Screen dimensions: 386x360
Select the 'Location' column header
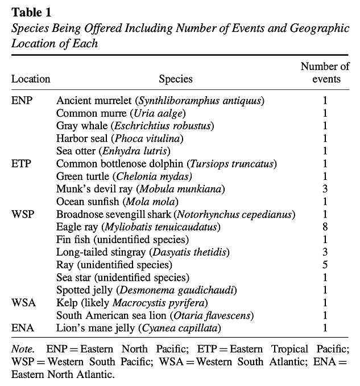click(x=31, y=79)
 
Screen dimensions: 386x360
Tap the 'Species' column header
click(x=175, y=79)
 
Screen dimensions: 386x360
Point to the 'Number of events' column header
click(x=325, y=73)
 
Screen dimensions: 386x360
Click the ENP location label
click(x=22, y=101)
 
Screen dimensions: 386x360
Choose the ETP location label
click(x=22, y=164)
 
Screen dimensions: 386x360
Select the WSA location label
click(x=23, y=302)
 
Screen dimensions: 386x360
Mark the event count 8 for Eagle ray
click(x=325, y=227)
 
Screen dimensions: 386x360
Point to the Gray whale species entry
click(x=134, y=126)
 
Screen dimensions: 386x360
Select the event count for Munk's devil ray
click(x=325, y=189)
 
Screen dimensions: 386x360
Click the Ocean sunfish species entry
click(x=117, y=202)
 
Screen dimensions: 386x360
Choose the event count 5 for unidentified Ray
click(x=325, y=265)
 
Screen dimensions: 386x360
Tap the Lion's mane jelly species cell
click(x=138, y=328)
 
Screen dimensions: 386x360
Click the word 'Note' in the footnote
click(x=22, y=348)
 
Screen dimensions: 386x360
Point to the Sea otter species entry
click(x=113, y=151)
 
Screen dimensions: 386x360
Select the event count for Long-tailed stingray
click(x=325, y=252)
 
